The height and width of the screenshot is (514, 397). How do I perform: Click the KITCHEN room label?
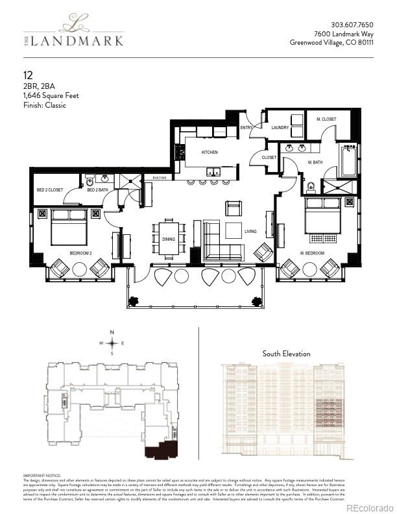pos(209,152)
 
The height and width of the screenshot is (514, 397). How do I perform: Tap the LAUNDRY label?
pos(280,128)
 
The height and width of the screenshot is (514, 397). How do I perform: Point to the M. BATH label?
pos(315,162)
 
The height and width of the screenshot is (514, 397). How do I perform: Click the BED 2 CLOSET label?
pos(49,190)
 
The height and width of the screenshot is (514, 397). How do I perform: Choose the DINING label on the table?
pos(168,239)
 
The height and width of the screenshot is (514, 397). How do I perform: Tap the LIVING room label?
pos(250,232)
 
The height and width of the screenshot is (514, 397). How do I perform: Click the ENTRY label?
pos(246,128)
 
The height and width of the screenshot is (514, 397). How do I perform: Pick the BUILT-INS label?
pos(160,178)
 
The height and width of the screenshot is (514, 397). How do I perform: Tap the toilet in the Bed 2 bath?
pos(90,181)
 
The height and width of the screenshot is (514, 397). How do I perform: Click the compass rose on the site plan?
pos(113,342)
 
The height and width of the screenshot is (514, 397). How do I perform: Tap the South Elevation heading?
pos(286,354)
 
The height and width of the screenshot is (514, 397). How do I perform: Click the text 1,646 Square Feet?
pos(51,95)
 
